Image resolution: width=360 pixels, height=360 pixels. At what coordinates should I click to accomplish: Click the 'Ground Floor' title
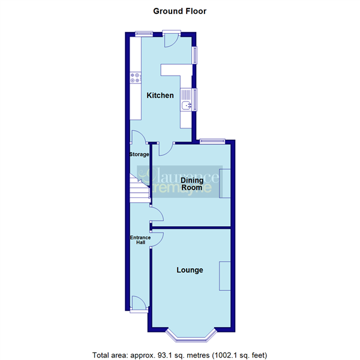point(180,11)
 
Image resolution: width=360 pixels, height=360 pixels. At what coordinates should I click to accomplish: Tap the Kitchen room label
point(161,95)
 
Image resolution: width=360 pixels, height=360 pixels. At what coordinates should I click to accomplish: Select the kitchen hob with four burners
point(135,78)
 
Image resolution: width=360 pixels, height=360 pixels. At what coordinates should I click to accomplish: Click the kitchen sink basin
point(187,106)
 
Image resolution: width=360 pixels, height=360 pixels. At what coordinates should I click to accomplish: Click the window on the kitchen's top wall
point(143,33)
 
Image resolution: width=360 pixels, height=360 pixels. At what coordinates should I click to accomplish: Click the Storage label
point(139,154)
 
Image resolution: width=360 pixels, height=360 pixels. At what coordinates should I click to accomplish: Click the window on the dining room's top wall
point(213,141)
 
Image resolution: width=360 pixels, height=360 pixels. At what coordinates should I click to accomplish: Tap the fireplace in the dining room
point(226,183)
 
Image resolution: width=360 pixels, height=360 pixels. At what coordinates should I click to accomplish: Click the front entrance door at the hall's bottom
point(138,304)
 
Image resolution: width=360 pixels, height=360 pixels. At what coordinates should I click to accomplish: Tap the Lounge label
point(189,270)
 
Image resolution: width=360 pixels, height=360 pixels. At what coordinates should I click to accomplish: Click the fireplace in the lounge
point(226,276)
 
